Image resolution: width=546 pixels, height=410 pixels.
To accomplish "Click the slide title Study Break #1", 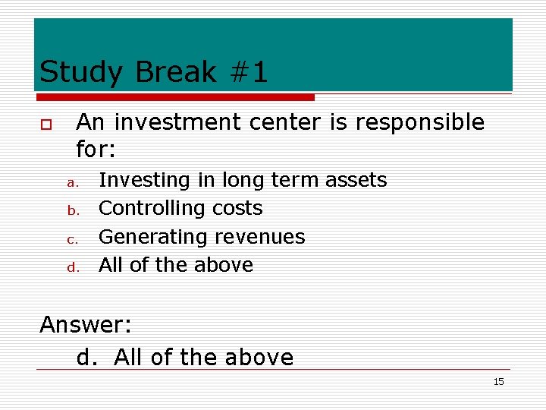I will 153,72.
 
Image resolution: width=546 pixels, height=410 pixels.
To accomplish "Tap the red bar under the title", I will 174,97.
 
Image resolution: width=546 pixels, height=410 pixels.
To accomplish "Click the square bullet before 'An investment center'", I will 45,124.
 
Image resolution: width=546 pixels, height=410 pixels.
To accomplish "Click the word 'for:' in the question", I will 96,150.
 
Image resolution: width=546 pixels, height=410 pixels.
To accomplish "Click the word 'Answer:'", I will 86,325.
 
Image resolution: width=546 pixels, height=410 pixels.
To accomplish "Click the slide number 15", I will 498,382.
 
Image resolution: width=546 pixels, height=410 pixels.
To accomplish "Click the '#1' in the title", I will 246,72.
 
